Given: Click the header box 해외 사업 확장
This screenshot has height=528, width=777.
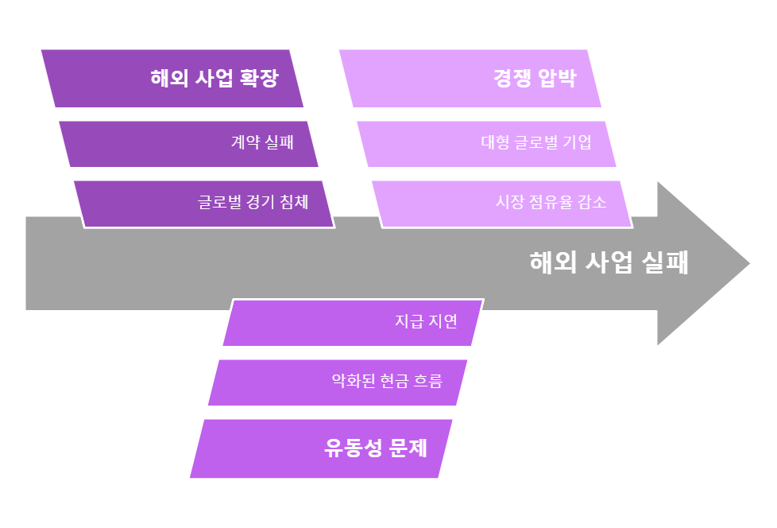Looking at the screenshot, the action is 172,79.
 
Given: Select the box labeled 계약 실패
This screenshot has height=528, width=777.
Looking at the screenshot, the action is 189,144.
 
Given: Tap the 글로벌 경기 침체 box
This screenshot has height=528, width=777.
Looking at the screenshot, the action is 204,204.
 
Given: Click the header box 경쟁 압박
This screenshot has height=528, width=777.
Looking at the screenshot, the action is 470,79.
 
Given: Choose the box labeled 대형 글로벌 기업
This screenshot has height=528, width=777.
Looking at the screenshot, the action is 486,144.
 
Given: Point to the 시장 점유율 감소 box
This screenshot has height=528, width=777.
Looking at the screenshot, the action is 502,204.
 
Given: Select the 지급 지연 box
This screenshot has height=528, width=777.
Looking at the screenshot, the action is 353,322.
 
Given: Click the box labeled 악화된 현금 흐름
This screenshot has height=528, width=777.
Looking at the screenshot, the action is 338,382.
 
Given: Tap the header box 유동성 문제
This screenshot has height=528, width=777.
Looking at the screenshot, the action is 321,448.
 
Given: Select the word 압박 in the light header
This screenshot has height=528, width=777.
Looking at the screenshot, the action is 556,79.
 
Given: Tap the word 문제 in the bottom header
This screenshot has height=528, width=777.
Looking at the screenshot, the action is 408,448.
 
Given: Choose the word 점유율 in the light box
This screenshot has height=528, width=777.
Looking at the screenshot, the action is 552,202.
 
